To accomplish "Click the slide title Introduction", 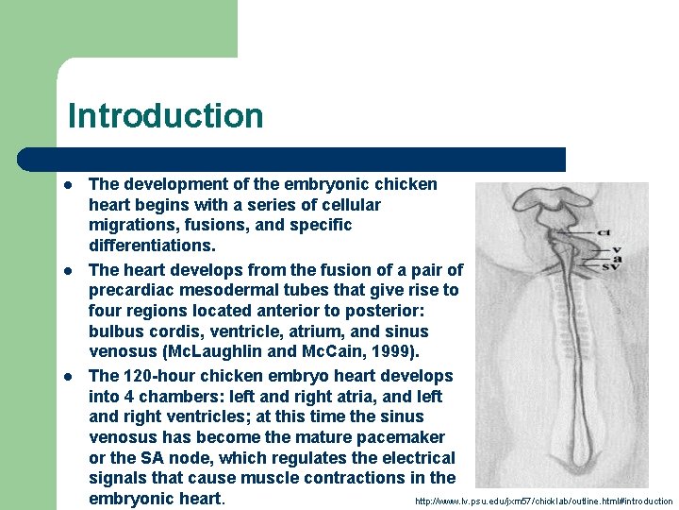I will point(165,116).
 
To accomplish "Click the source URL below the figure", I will point(543,501).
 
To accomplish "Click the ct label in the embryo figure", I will point(605,232).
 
